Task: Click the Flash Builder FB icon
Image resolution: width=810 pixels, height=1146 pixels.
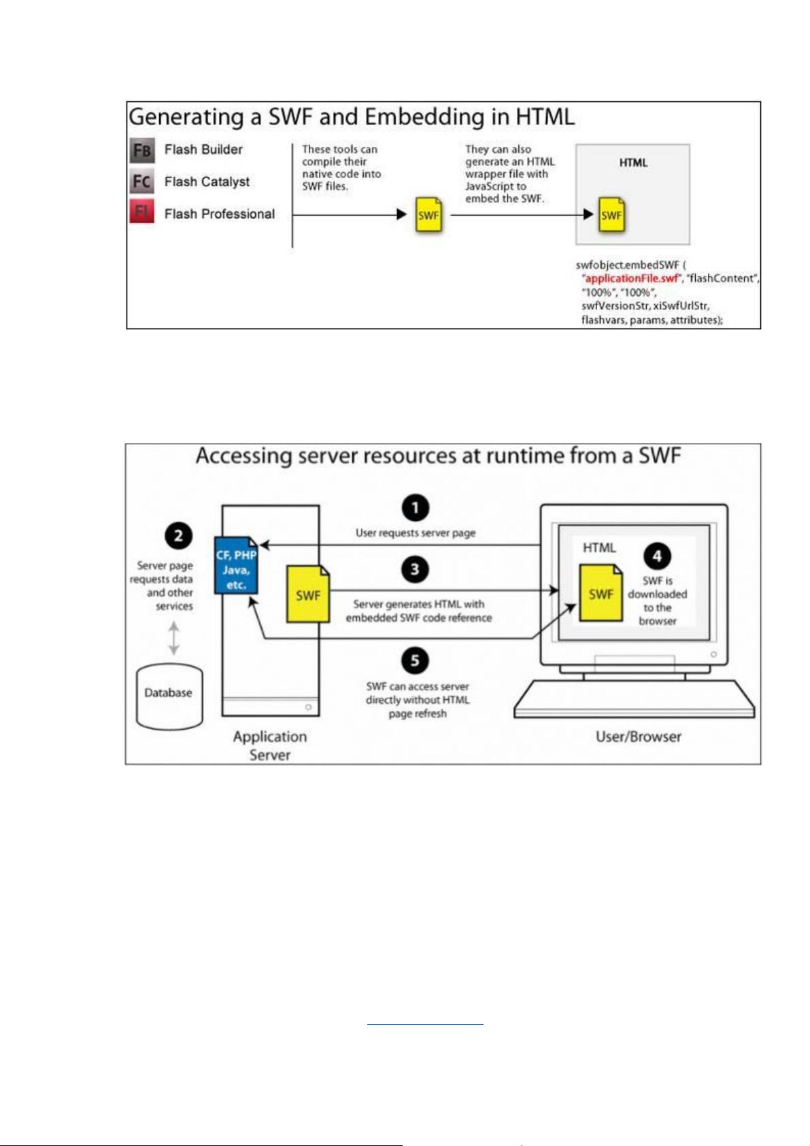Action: click(x=141, y=150)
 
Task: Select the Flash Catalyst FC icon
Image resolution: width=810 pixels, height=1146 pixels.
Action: click(x=141, y=181)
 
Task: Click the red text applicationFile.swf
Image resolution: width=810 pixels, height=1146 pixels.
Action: click(x=631, y=278)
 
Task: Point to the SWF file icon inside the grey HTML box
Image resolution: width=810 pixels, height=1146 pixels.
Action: click(x=611, y=215)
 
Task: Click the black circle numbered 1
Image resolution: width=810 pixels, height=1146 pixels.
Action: click(x=415, y=508)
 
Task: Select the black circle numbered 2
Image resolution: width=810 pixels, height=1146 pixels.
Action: click(x=178, y=536)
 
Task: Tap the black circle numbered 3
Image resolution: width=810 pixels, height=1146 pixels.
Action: click(x=415, y=569)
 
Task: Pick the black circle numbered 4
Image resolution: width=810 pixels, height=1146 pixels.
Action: click(x=657, y=556)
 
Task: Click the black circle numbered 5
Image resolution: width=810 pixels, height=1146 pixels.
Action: click(x=415, y=660)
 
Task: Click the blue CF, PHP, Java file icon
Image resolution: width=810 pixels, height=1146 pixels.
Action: click(x=236, y=565)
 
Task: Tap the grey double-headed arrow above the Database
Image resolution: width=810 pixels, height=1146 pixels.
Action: click(x=174, y=638)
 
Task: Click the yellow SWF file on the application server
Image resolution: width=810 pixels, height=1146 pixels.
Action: click(x=308, y=594)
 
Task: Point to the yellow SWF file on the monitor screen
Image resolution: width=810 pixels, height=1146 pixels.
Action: click(x=601, y=593)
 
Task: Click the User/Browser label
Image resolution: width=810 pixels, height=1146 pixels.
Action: click(x=638, y=737)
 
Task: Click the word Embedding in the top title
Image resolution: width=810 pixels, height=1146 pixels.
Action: click(x=425, y=118)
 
